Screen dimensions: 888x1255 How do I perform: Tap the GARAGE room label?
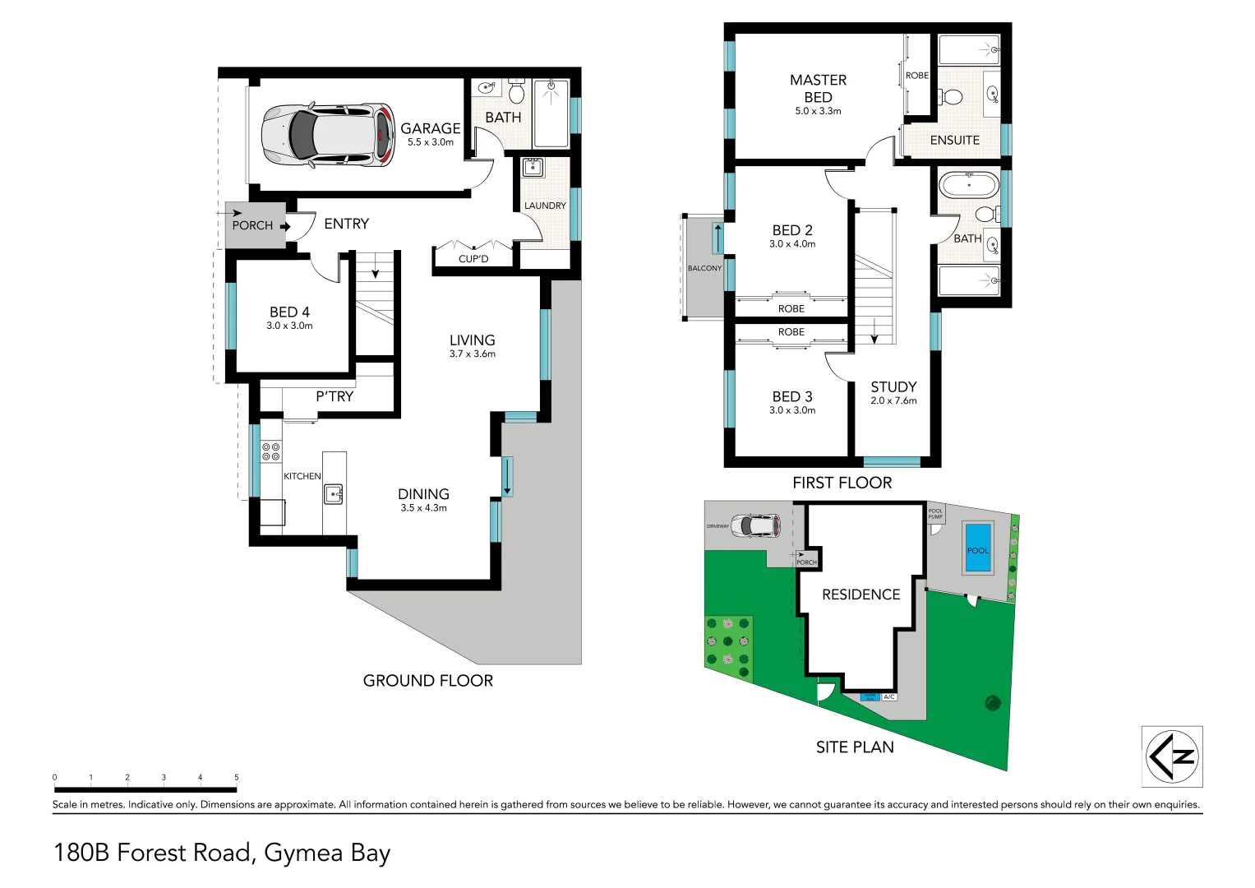430,128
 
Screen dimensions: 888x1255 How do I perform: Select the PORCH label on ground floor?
252,225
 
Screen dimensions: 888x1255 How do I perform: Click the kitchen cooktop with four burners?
270,451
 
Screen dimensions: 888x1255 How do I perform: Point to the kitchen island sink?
333,494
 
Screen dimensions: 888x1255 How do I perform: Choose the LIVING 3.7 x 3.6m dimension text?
472,354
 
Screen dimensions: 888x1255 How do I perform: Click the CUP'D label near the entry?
473,259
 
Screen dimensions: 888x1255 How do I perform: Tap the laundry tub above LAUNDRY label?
533,168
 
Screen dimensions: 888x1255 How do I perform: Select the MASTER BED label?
818,88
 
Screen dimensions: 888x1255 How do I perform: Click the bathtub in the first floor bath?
969,185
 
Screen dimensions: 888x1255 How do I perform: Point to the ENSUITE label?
954,141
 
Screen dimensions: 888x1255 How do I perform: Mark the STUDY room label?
893,386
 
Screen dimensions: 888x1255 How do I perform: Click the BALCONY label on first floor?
704,269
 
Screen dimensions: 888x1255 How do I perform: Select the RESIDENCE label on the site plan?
861,594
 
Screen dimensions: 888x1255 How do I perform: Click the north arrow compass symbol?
1172,756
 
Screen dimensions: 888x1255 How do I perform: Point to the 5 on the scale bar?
237,777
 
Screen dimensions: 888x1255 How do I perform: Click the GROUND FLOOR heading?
427,681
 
